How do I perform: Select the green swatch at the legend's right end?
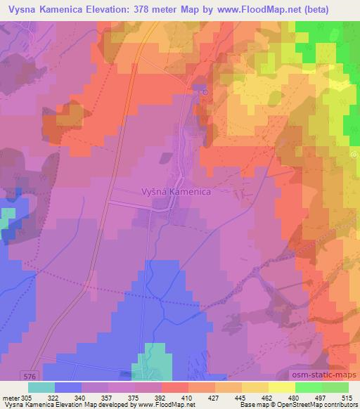coord(335,387)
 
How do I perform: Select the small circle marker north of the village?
coord(205,90)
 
